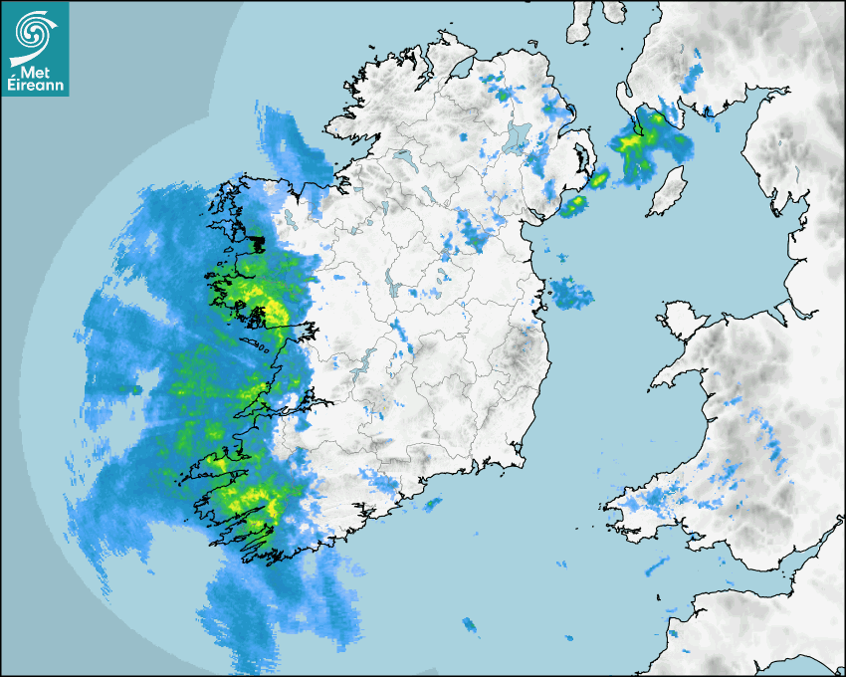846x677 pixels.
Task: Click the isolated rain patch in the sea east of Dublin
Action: pos(570,293)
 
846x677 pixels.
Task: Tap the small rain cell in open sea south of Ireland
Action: pos(470,625)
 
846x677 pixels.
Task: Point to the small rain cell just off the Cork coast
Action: pos(433,504)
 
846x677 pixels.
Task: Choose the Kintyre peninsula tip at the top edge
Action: pos(580,22)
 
